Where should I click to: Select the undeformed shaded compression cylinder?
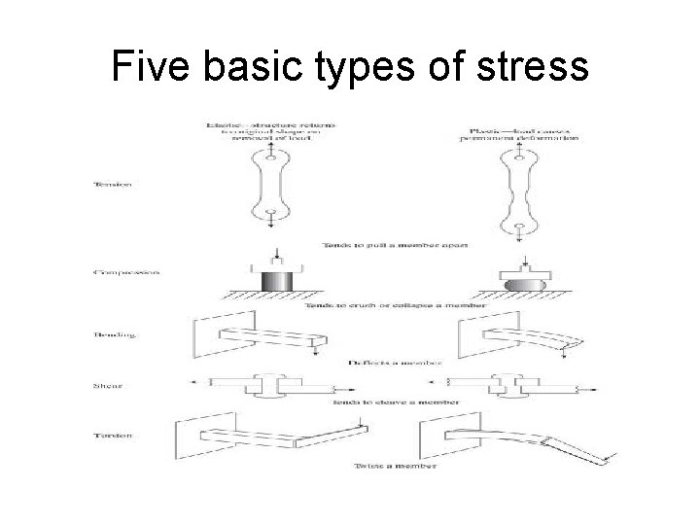(x=275, y=289)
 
